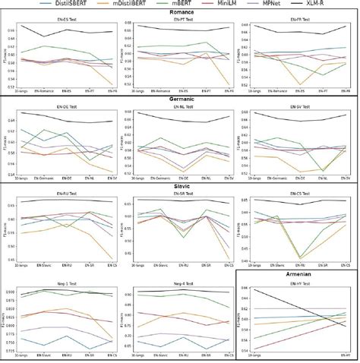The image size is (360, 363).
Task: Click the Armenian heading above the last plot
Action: (299, 276)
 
